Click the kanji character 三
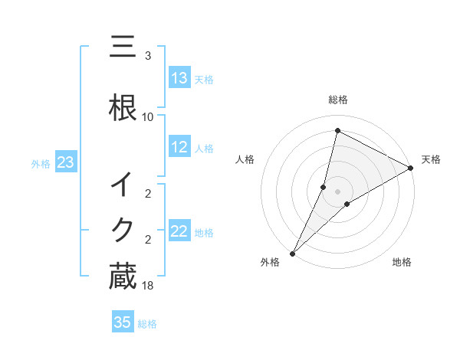[x=123, y=47]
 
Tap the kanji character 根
[x=123, y=108]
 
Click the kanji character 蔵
[x=123, y=277]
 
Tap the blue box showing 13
[x=179, y=78]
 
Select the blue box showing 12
[x=179, y=147]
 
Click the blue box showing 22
[x=179, y=231]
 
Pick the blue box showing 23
[x=65, y=162]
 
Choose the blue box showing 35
[x=123, y=322]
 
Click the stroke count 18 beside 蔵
[x=149, y=285]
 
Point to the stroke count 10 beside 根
[x=148, y=116]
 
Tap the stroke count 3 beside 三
[x=148, y=56]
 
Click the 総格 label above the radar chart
[x=337, y=100]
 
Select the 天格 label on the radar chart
[x=431, y=159]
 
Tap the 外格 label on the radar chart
[x=269, y=262]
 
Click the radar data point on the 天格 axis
[x=411, y=168]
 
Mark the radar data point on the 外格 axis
[x=292, y=253]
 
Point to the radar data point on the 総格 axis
[x=337, y=131]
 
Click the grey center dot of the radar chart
[x=337, y=191]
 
